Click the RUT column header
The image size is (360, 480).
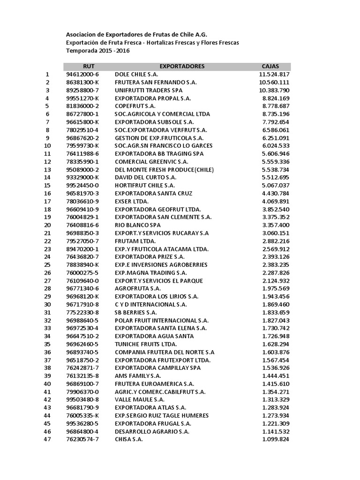click(89, 66)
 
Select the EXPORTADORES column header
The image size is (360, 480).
click(182, 66)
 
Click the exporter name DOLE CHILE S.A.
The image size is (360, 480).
click(136, 74)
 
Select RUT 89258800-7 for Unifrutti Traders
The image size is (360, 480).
click(82, 90)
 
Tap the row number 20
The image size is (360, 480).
click(47, 225)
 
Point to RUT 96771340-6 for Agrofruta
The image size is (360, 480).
click(82, 289)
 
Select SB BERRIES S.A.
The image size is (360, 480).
click(136, 313)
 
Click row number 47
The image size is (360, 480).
click(47, 439)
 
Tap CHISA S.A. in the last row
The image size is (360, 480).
click(129, 439)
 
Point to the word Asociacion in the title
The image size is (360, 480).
click(82, 35)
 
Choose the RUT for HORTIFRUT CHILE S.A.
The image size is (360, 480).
click(82, 185)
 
